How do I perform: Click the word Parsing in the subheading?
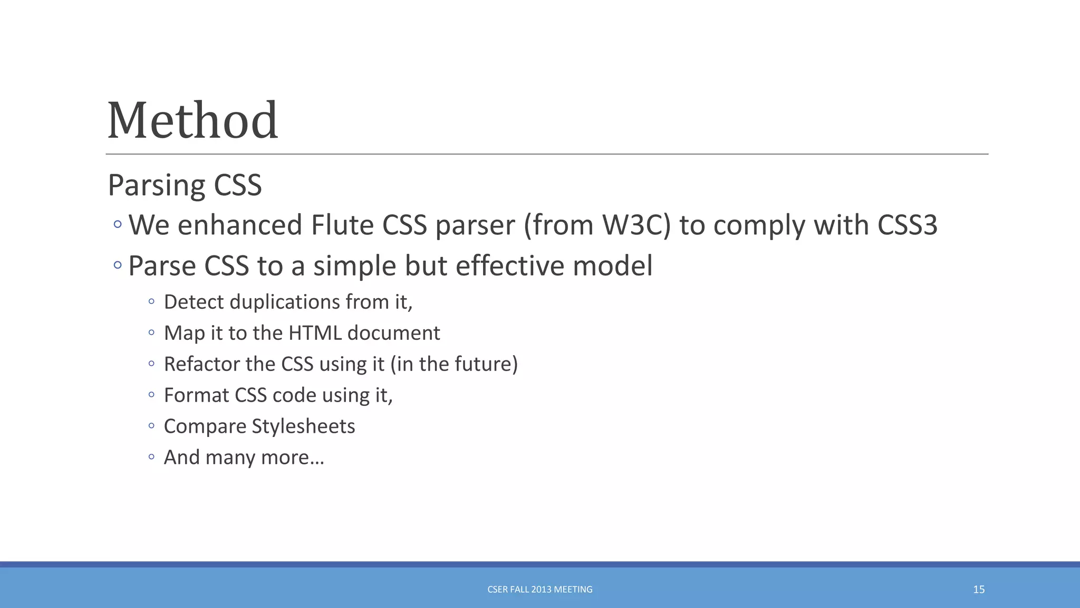point(156,185)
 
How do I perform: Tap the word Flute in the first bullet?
point(342,225)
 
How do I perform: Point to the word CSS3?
point(907,225)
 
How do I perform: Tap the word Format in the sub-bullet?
point(196,395)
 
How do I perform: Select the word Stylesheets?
point(303,426)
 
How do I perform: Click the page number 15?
point(979,590)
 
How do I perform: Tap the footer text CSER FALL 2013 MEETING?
point(539,590)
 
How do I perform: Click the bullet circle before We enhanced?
point(118,225)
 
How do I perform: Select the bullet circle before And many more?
point(151,457)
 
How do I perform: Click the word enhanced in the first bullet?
point(240,225)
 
